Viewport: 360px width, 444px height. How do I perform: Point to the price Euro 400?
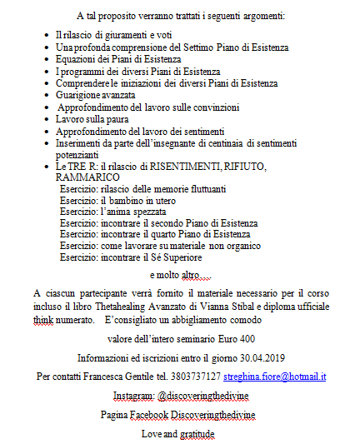(227, 339)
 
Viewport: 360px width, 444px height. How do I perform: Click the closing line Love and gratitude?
(178, 434)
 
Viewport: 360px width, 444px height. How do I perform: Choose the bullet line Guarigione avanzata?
(94, 96)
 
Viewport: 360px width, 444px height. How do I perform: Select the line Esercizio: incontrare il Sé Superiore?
(135, 258)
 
